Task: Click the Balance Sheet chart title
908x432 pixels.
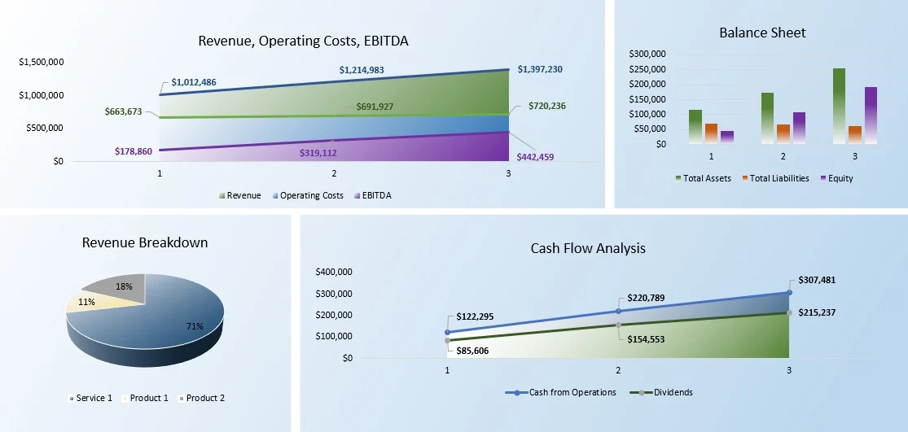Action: click(x=762, y=33)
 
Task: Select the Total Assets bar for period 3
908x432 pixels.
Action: click(x=839, y=106)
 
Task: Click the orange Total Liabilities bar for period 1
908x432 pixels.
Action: click(x=711, y=133)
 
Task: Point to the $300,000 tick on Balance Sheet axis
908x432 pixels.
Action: click(x=648, y=54)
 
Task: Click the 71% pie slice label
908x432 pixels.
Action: click(x=195, y=326)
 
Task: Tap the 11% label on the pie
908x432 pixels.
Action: click(x=86, y=302)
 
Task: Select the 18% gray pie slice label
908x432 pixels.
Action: click(x=124, y=286)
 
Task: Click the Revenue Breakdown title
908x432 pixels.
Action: click(x=145, y=242)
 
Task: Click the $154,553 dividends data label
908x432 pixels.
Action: click(x=646, y=339)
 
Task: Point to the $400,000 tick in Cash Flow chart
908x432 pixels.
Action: click(x=334, y=272)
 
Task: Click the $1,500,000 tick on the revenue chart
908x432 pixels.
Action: click(x=42, y=62)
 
